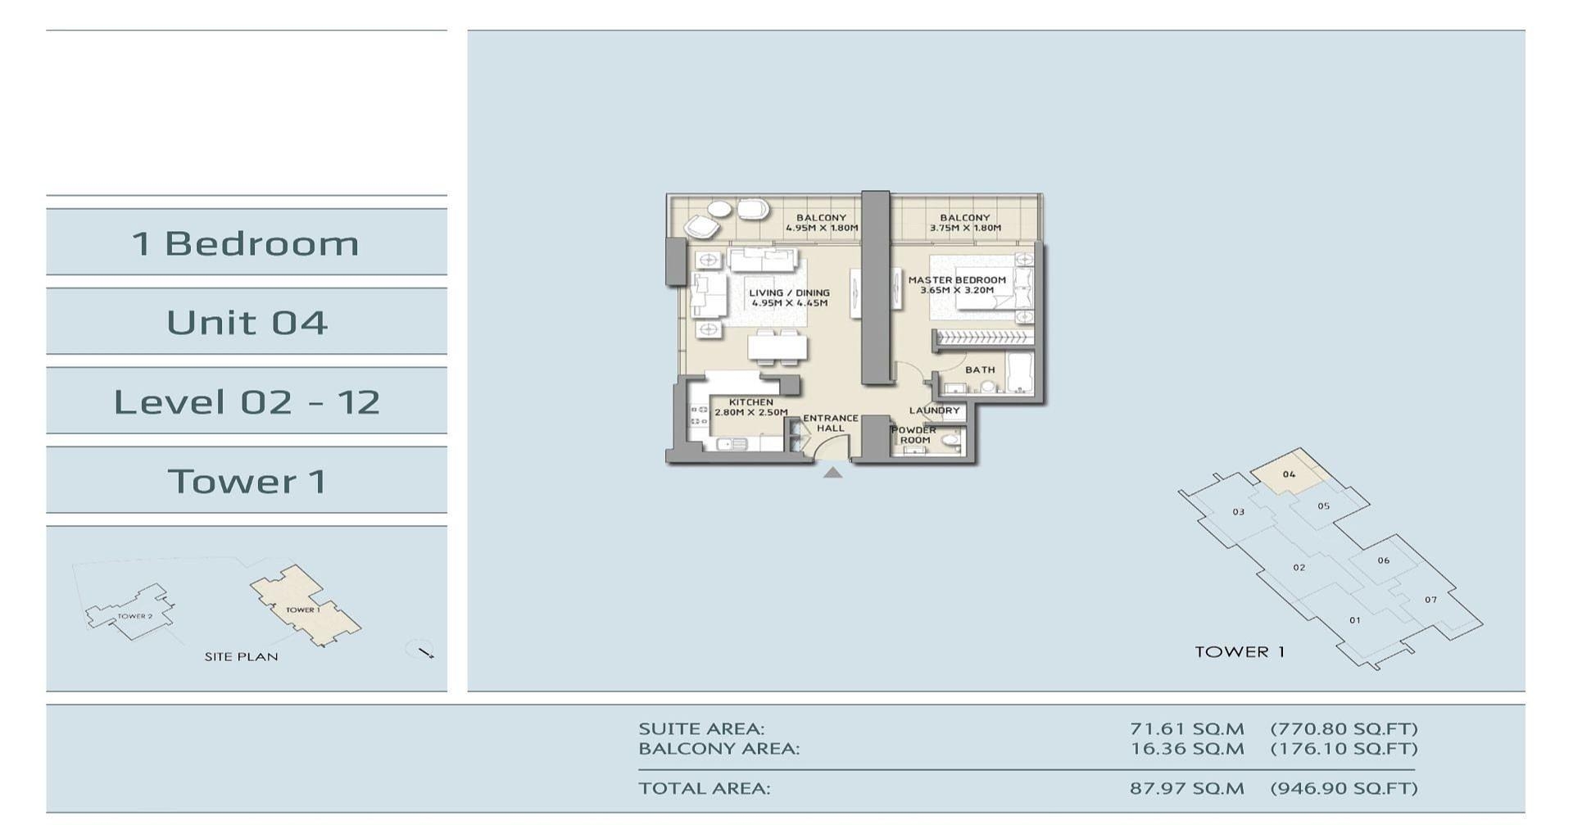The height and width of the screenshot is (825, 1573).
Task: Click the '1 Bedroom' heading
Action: tap(246, 243)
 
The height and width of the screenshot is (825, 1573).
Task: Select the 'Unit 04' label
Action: tap(247, 322)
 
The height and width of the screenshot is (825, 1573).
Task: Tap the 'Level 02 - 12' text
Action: tap(247, 401)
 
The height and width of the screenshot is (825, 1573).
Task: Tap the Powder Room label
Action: tap(913, 435)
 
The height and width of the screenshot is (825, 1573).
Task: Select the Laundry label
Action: tap(934, 410)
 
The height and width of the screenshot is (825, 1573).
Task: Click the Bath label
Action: tap(979, 370)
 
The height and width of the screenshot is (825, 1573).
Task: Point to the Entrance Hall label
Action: tap(830, 423)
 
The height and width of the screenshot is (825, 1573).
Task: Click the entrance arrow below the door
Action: tap(832, 473)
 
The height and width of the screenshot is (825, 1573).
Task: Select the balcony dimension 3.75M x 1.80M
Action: tap(965, 228)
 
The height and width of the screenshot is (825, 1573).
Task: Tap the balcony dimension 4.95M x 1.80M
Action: tap(822, 228)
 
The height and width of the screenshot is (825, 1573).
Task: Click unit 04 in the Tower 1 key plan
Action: tap(1289, 474)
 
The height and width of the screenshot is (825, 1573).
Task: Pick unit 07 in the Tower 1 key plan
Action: tap(1430, 600)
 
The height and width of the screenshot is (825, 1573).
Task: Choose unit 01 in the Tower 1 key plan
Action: tap(1354, 620)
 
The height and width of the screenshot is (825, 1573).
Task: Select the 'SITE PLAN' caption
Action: tap(241, 656)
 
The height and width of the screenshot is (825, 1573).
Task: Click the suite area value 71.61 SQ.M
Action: tap(1186, 728)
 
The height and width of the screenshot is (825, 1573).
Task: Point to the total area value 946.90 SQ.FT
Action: tap(1344, 788)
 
